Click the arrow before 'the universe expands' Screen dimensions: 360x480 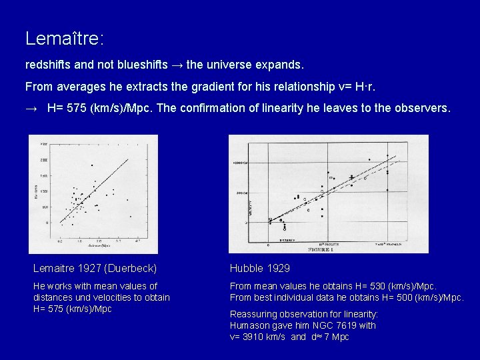coord(177,66)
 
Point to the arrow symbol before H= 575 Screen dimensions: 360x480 coord(31,107)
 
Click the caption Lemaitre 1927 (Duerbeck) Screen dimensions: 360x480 coord(95,269)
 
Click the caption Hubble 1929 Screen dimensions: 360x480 coord(260,269)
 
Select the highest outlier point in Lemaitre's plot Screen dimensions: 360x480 coord(91,165)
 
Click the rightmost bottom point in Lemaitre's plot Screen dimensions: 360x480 coord(131,217)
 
